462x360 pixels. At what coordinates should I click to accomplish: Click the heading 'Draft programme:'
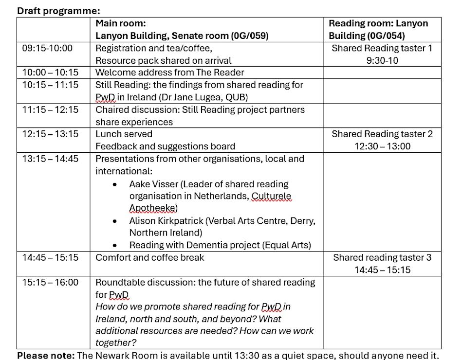pos(59,11)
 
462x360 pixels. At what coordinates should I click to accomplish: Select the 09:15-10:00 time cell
pos(47,48)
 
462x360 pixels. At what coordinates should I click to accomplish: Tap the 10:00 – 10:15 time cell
pos(50,72)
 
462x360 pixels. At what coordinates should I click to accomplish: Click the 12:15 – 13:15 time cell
pos(50,134)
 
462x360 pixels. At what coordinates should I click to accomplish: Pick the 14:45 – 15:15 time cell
pos(50,257)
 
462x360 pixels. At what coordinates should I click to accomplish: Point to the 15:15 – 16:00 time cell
pos(50,282)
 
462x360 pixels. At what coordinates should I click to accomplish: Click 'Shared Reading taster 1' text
pos(382,48)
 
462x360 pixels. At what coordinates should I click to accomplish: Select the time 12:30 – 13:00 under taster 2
pos(382,146)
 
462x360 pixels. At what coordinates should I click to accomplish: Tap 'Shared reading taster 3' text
pos(382,257)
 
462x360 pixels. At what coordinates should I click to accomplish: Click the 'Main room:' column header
pos(121,23)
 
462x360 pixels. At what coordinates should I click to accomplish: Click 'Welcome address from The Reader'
pos(170,72)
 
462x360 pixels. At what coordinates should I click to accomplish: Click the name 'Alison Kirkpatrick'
pos(166,220)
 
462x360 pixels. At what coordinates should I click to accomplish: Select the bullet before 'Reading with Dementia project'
pos(114,246)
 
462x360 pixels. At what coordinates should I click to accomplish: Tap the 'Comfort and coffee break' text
pos(150,257)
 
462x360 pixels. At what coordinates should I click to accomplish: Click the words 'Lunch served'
pos(124,134)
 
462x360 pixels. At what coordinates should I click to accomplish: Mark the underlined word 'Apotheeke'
pos(152,208)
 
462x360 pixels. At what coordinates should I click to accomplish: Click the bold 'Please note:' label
pos(46,355)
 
